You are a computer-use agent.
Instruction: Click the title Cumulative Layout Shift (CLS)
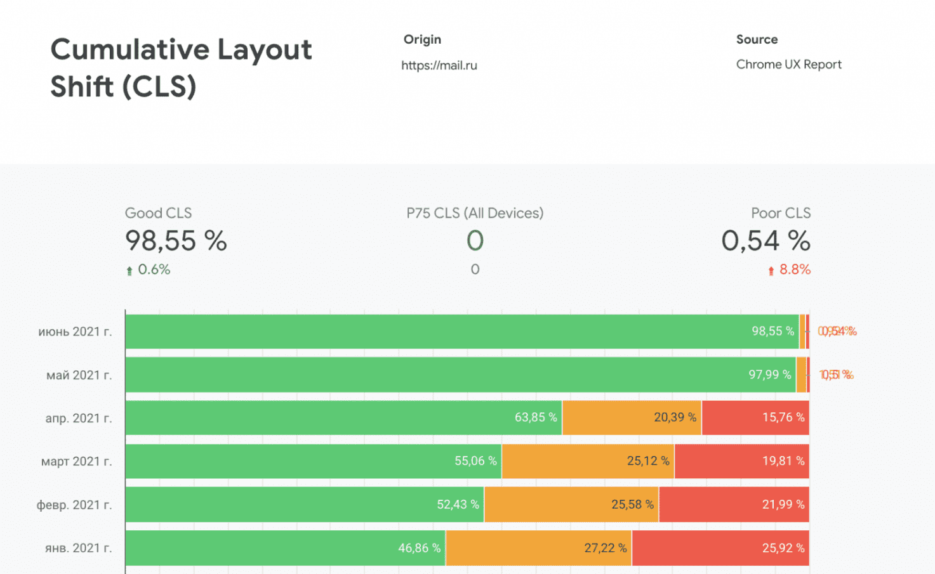(x=181, y=68)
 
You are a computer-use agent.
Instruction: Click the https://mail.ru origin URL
(x=439, y=65)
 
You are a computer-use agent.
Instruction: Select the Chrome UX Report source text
(x=788, y=65)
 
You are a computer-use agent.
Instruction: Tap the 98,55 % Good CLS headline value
(x=176, y=241)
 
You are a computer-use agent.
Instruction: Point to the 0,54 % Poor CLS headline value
(x=766, y=241)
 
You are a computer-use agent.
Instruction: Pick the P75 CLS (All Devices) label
(x=475, y=213)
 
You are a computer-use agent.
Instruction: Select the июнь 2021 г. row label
(x=75, y=332)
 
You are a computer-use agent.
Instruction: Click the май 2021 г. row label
(x=79, y=375)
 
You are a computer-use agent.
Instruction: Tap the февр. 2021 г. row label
(x=74, y=505)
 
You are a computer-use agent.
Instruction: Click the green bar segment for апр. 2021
(x=343, y=417)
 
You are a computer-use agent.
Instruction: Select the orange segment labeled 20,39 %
(x=632, y=417)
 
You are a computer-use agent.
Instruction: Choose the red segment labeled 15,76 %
(x=755, y=417)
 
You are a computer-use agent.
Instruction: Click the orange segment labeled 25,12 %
(x=588, y=461)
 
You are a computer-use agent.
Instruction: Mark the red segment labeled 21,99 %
(x=734, y=505)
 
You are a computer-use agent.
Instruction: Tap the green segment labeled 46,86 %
(x=286, y=548)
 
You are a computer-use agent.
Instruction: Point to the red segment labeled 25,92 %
(x=720, y=548)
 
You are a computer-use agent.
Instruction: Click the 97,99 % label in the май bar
(x=769, y=375)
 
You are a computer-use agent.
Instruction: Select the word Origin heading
(x=422, y=39)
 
